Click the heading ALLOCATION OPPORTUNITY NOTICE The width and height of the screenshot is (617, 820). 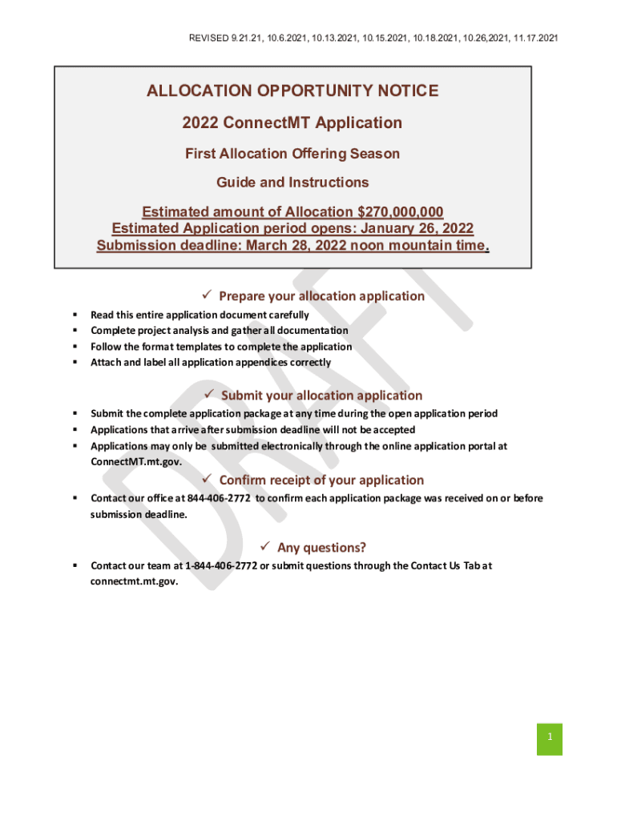[x=292, y=91]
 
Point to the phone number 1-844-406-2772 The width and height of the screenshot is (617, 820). [x=221, y=565]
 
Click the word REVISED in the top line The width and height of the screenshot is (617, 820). [x=208, y=38]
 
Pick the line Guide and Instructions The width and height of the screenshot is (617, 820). [x=292, y=183]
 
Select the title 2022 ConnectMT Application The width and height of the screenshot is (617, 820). [x=292, y=123]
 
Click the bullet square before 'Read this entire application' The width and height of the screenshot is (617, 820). [x=74, y=315]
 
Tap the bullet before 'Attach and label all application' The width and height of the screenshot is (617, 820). [x=74, y=363]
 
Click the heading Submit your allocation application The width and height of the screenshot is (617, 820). [x=321, y=396]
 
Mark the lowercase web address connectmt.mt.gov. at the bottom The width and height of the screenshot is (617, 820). [x=134, y=582]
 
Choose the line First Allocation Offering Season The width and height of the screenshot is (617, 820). [x=292, y=153]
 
